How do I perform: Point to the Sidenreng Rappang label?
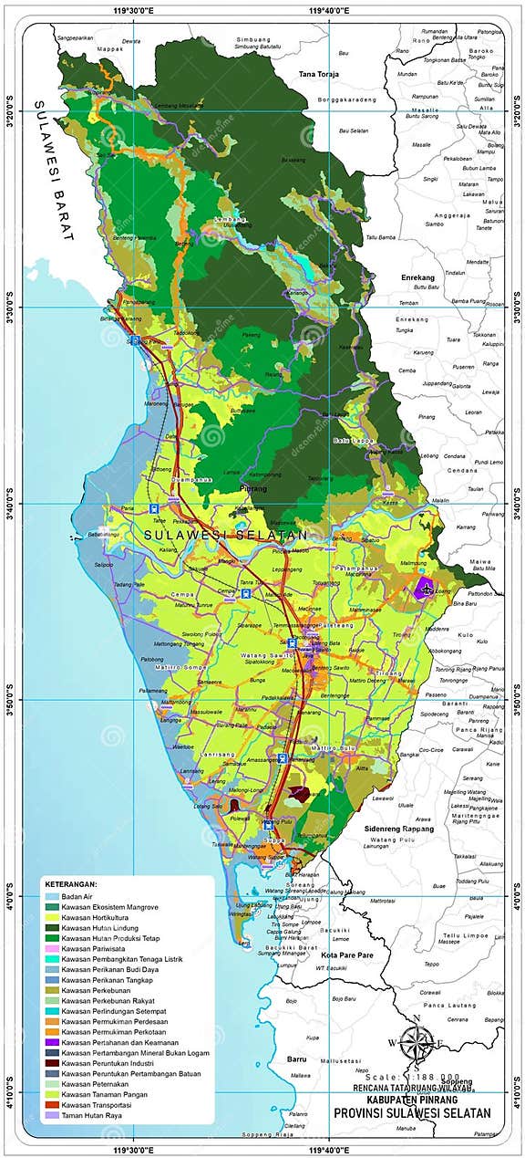tap(398, 829)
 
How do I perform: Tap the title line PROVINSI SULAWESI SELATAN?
tap(411, 1112)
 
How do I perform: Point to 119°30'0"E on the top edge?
tap(129, 9)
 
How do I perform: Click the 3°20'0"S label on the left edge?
tap(12, 110)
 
